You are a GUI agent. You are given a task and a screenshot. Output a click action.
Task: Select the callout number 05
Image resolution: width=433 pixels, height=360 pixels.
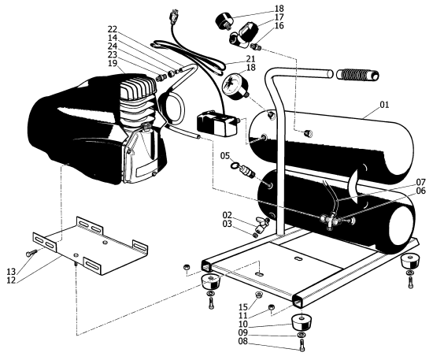(x=225, y=156)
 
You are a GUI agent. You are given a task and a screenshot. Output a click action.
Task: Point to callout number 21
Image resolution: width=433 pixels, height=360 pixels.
(x=251, y=60)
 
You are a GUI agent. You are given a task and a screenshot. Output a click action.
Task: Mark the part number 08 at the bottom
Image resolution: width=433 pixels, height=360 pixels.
(x=287, y=343)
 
